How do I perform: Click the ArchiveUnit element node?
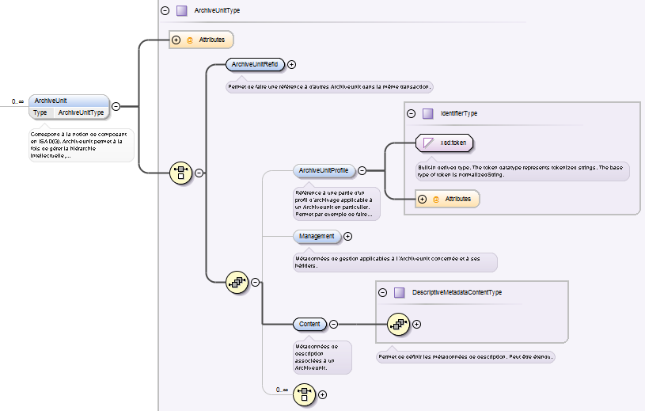[68, 101]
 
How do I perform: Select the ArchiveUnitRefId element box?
[255, 65]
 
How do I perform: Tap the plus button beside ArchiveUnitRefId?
[292, 65]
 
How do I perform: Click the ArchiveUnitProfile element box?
[323, 170]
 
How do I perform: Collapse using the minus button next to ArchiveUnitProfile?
[362, 170]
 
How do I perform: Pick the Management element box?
[317, 236]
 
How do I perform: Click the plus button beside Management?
[348, 236]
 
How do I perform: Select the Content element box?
[309, 324]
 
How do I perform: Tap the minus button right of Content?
[333, 324]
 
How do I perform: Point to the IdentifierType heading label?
[459, 114]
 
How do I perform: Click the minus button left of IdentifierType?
[411, 114]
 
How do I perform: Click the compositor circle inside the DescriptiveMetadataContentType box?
[398, 323]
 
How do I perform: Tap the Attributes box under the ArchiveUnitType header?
[202, 40]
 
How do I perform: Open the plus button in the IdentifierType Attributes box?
[423, 199]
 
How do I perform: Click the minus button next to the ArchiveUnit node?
[116, 106]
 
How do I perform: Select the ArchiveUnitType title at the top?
[217, 11]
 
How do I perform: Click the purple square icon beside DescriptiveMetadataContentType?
[399, 292]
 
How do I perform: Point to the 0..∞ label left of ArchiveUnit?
[17, 101]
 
